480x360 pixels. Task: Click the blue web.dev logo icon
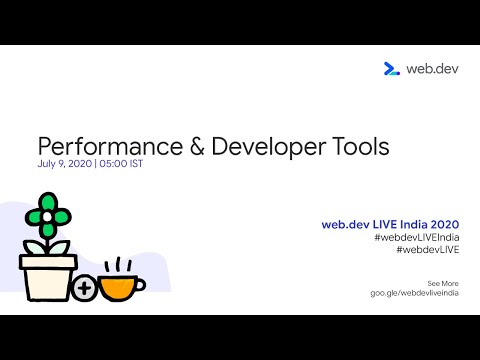(392, 69)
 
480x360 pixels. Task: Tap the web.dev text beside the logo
(431, 69)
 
